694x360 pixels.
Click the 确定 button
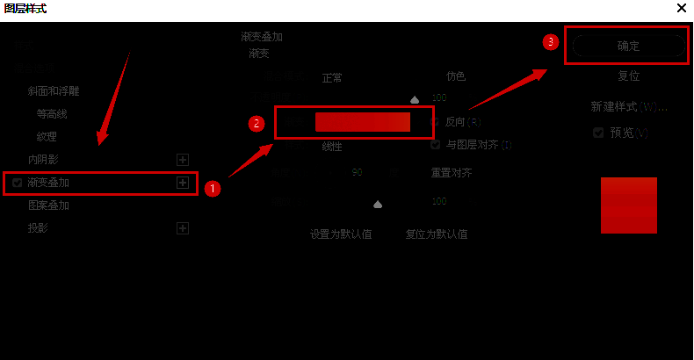coord(627,46)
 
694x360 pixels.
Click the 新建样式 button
coord(629,106)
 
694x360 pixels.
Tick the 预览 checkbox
coord(598,133)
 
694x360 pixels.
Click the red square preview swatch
coord(629,205)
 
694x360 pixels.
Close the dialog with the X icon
coord(682,8)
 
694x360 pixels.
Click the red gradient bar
coord(363,122)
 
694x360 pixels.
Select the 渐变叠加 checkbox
coord(18,183)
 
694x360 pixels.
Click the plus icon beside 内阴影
coord(183,160)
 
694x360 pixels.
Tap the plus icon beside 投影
coord(183,228)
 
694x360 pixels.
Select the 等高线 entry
coord(51,113)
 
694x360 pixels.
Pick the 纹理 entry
coord(47,136)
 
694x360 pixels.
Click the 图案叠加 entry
coord(48,205)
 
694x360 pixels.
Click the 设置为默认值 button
coord(341,234)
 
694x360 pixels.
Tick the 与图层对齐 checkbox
coord(436,145)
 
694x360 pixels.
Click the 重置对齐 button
coord(452,173)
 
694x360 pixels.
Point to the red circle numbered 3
coord(551,41)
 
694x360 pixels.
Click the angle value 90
coord(357,173)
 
